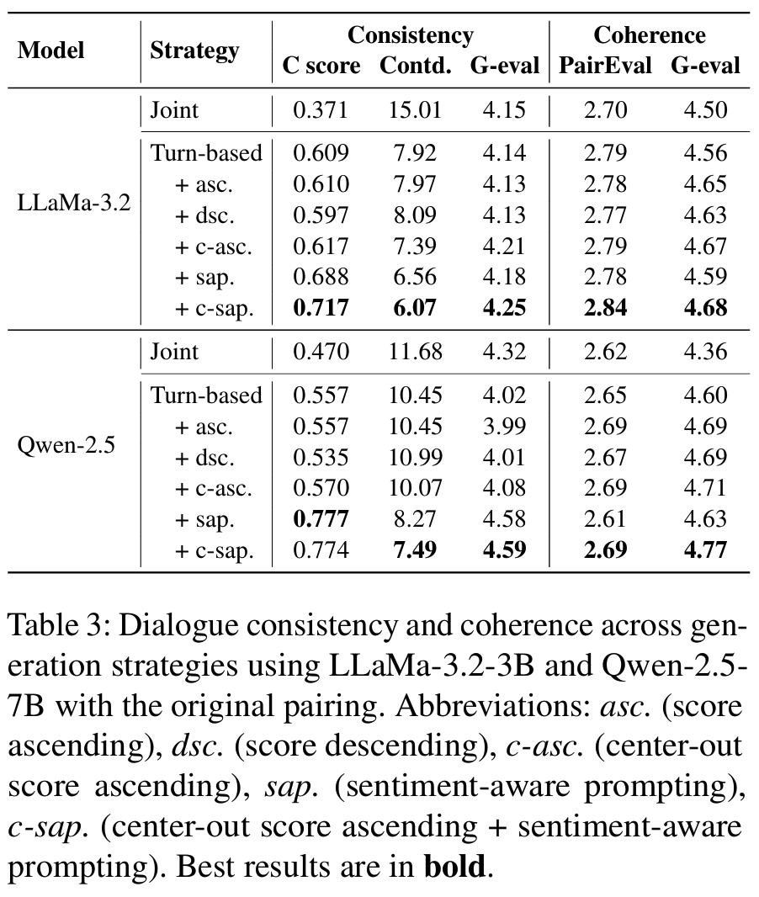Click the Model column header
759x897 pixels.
51,50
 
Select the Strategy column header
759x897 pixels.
194,50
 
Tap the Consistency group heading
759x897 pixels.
410,35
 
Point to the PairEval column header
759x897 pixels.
607,66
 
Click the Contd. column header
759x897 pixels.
415,66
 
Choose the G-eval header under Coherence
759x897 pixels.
705,66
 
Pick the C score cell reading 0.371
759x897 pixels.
321,109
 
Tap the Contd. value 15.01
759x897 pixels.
414,109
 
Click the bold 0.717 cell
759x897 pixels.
321,308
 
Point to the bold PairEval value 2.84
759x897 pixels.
606,308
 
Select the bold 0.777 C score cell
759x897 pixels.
321,519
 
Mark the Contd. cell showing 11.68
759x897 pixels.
414,350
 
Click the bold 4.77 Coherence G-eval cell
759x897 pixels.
705,550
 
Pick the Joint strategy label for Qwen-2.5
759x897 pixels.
174,350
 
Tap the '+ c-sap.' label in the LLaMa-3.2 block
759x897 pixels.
214,308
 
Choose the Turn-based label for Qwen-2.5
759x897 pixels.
206,395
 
